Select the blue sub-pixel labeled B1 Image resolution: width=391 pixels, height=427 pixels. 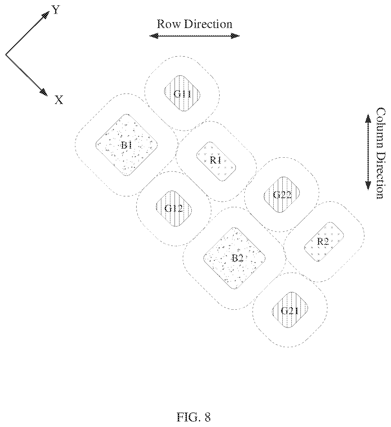[126, 145]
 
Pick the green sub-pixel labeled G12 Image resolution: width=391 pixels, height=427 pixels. [174, 209]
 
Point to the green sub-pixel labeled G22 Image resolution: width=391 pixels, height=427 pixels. [282, 194]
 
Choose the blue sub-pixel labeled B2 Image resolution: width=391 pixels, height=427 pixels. [234, 258]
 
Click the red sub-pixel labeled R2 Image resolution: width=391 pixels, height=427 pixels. [324, 242]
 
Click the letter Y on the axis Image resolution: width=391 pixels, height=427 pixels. [55, 10]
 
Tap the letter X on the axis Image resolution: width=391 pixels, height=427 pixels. [59, 100]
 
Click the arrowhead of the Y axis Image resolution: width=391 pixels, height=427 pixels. [46, 15]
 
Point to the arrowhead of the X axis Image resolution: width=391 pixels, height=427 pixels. [44, 92]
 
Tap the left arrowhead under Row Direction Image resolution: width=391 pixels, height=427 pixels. [154, 36]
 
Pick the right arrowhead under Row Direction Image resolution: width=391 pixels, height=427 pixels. [235, 36]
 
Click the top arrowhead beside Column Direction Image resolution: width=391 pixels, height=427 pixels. [368, 119]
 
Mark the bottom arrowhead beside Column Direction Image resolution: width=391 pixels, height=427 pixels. [368, 185]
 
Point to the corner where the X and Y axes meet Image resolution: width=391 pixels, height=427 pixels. [6, 55]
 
